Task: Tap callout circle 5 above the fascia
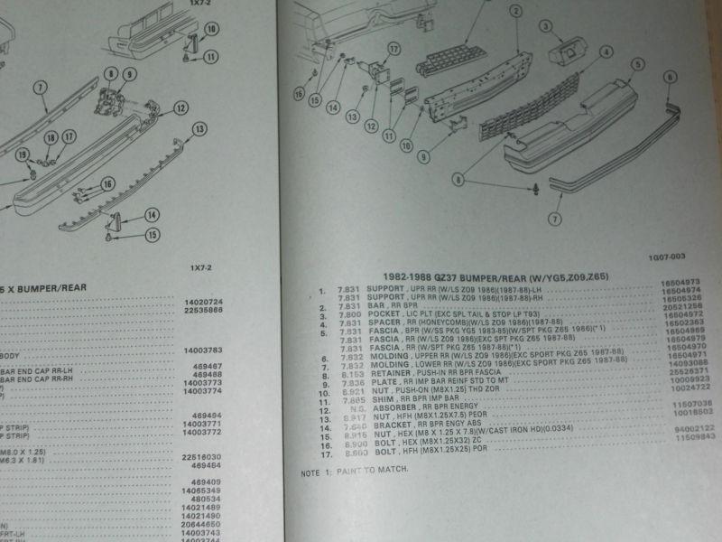[x=636, y=63]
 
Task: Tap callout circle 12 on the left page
[x=180, y=108]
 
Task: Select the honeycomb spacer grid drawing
[x=458, y=61]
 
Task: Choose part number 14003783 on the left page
[x=204, y=348]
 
